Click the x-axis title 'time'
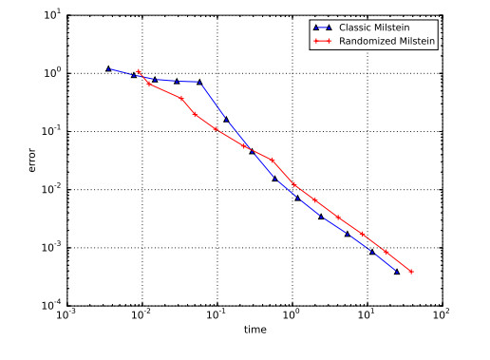254,329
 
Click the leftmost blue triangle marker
108,68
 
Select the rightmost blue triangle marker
397,272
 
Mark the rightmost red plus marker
412,272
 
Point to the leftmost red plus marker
139,72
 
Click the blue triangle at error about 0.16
225,120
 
